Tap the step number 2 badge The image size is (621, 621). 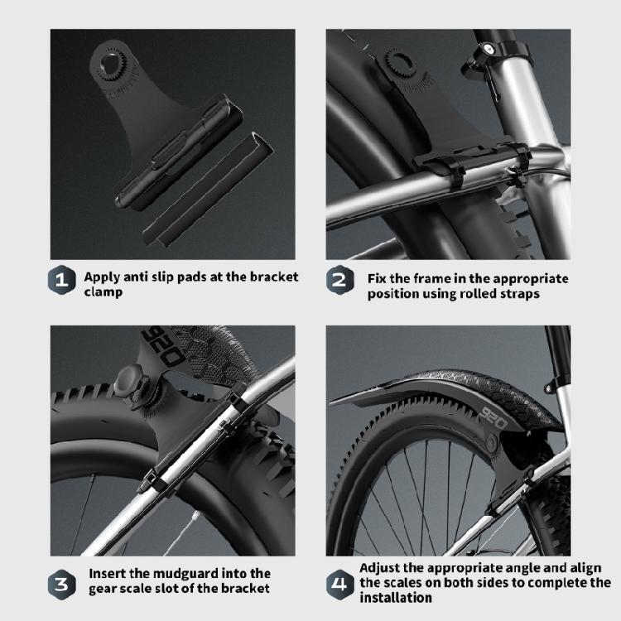[x=339, y=282]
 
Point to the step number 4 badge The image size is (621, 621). [x=339, y=581]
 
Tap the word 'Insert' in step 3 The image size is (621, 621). [x=108, y=573]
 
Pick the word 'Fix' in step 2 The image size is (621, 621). [x=378, y=279]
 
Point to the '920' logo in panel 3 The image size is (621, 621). [x=166, y=348]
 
